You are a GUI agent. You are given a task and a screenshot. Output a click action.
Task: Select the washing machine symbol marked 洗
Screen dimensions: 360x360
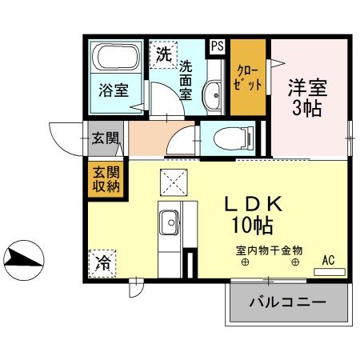click(163, 55)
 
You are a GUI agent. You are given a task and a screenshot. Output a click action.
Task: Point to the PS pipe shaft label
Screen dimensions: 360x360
click(217, 46)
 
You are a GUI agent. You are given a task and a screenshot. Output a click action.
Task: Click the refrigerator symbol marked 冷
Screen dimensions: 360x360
click(103, 262)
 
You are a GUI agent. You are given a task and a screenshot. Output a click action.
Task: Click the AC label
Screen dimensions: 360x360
click(328, 260)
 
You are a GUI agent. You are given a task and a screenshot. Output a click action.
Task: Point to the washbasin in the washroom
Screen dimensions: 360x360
click(213, 96)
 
